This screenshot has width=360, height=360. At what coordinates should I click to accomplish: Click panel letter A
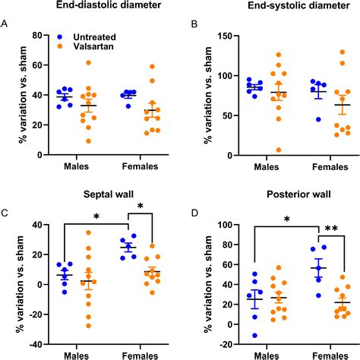point(5,23)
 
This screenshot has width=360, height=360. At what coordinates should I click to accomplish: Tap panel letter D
point(194,213)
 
